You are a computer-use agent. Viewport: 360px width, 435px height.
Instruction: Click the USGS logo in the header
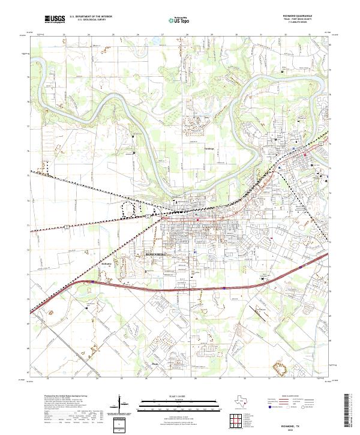55,19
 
